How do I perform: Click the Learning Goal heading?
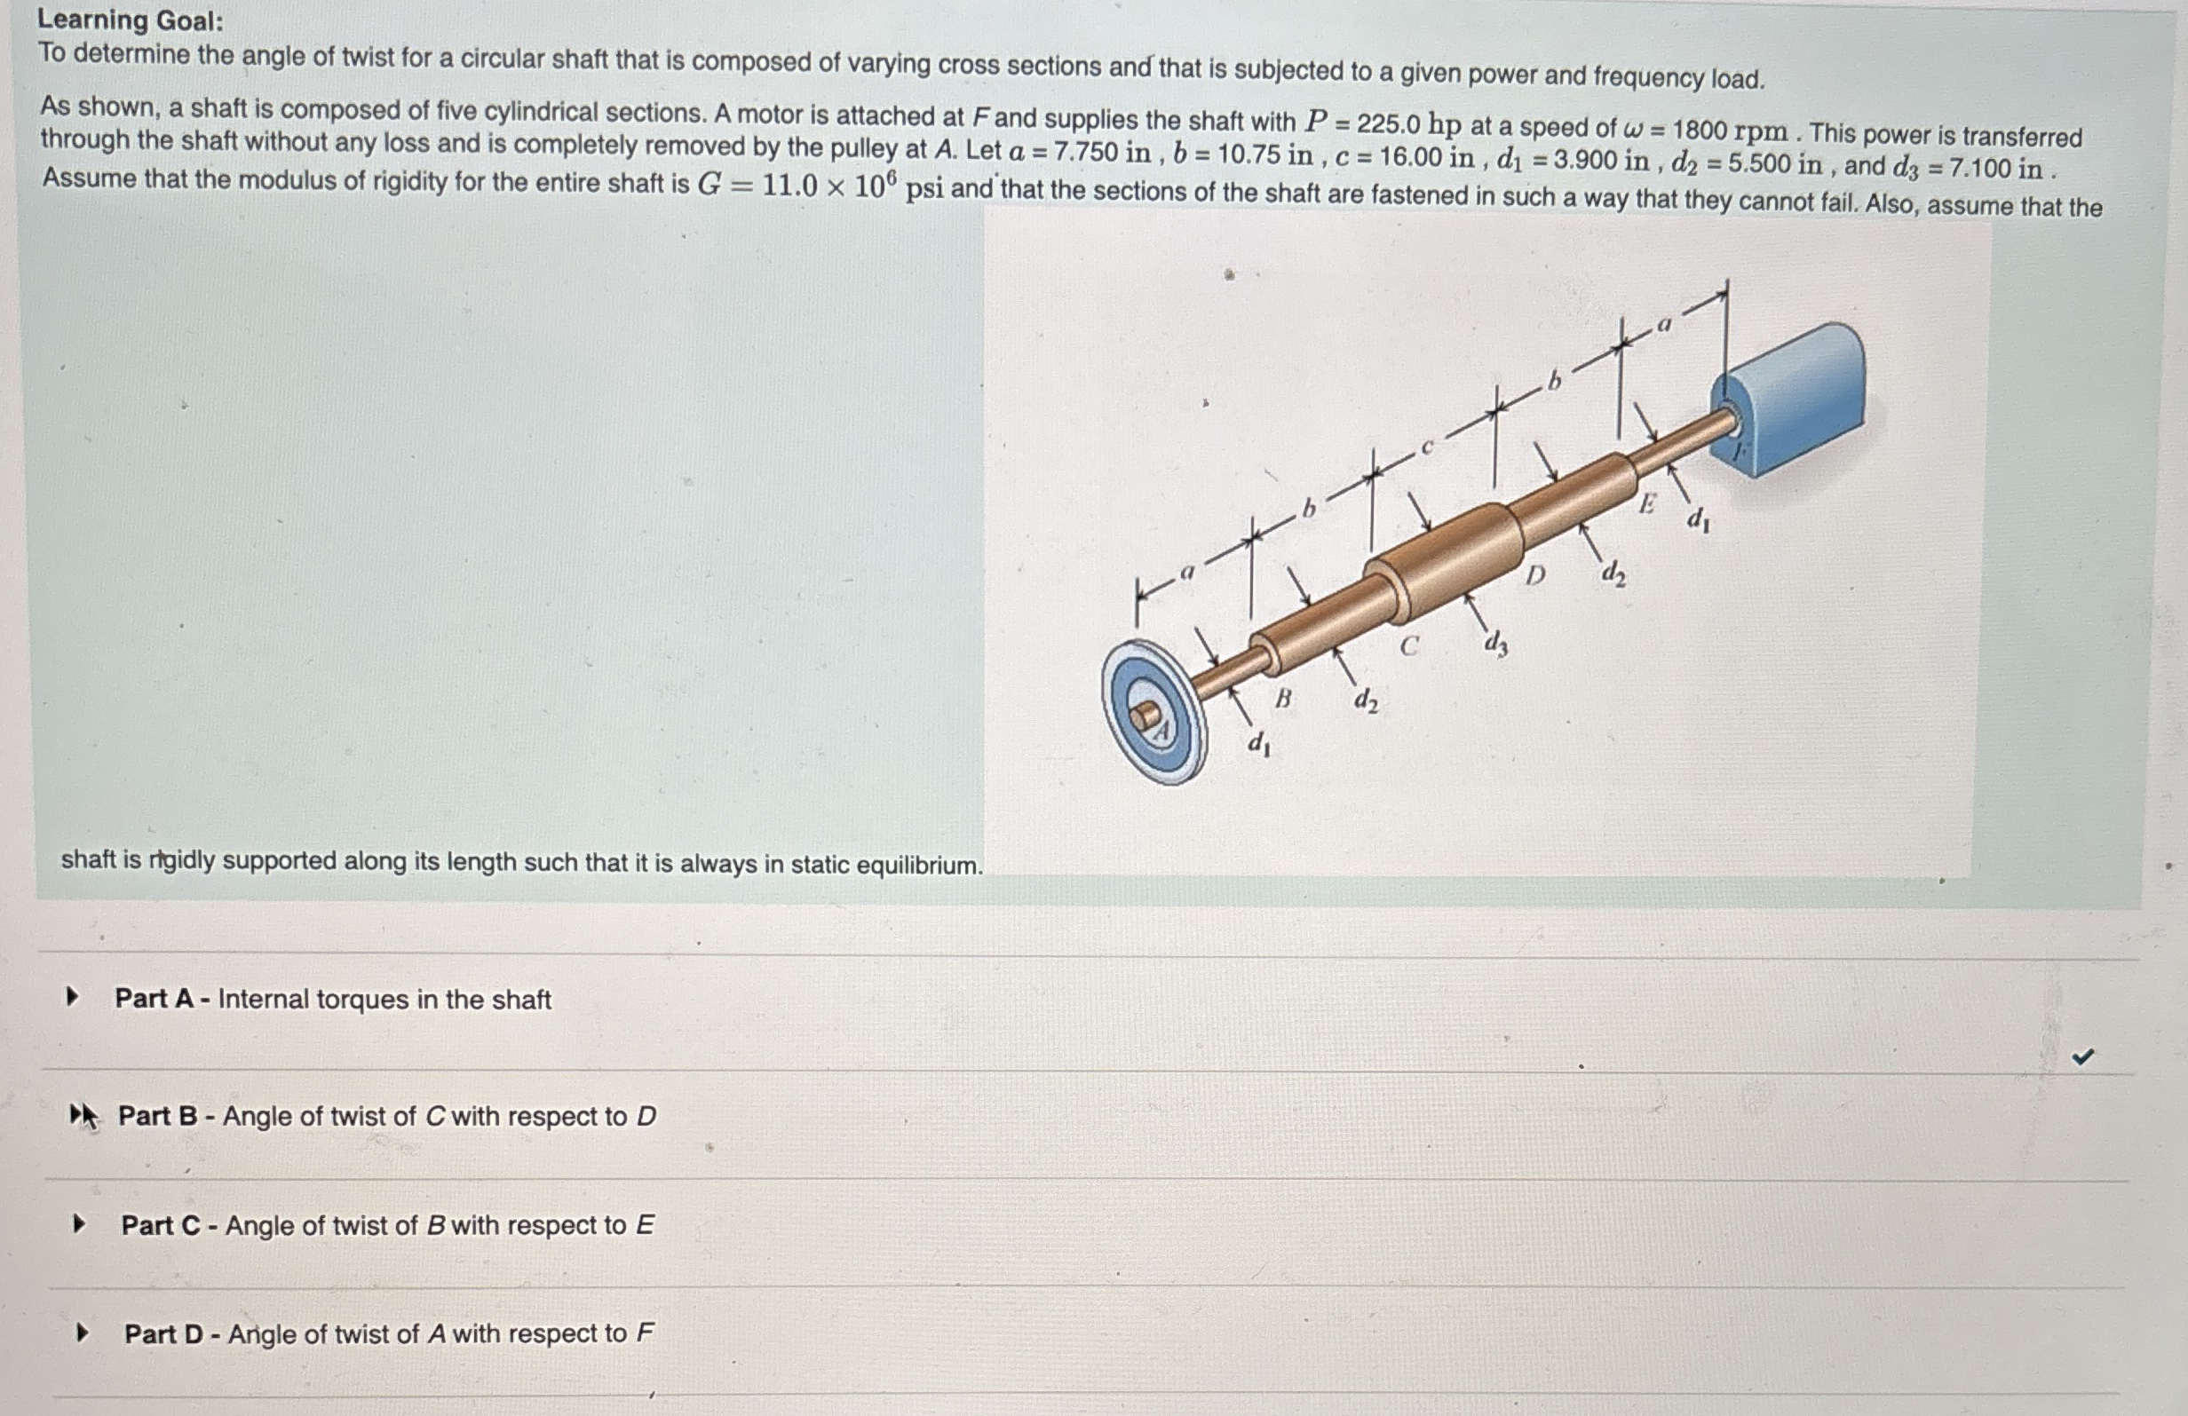coord(130,20)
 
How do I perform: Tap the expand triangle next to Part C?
coord(80,1223)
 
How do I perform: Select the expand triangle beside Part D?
coord(83,1332)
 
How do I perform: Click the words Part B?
coord(157,1116)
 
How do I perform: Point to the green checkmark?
coord(2082,1056)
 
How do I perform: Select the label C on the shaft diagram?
coord(1408,646)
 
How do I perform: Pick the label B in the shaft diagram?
coord(1282,699)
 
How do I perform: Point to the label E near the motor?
coord(1647,503)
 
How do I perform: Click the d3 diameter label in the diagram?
coord(1495,645)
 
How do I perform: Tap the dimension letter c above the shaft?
coord(1428,447)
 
